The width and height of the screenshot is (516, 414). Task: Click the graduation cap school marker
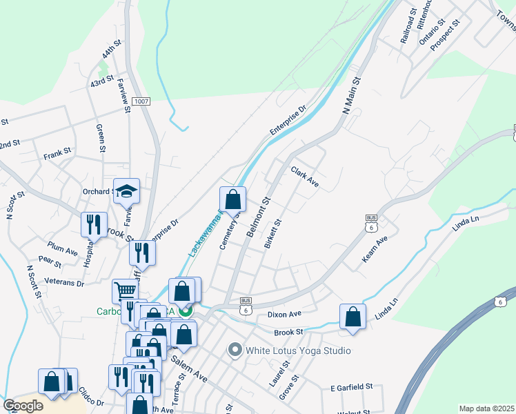tap(126, 191)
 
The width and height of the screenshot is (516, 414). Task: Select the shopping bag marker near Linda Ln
tap(353, 317)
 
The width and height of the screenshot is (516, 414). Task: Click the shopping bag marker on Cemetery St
tap(233, 199)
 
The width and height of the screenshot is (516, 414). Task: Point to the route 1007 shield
tap(141, 101)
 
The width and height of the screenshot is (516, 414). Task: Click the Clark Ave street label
tap(304, 177)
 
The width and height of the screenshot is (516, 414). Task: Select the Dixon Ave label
tap(285, 314)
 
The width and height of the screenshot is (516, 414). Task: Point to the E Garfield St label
tap(351, 387)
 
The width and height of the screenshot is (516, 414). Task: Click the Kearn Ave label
tap(375, 250)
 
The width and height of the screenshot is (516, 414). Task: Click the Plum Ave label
tap(63, 248)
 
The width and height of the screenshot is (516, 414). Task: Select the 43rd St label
tap(101, 82)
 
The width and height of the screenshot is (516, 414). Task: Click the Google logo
tap(23, 406)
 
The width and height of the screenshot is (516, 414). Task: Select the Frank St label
tap(57, 151)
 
